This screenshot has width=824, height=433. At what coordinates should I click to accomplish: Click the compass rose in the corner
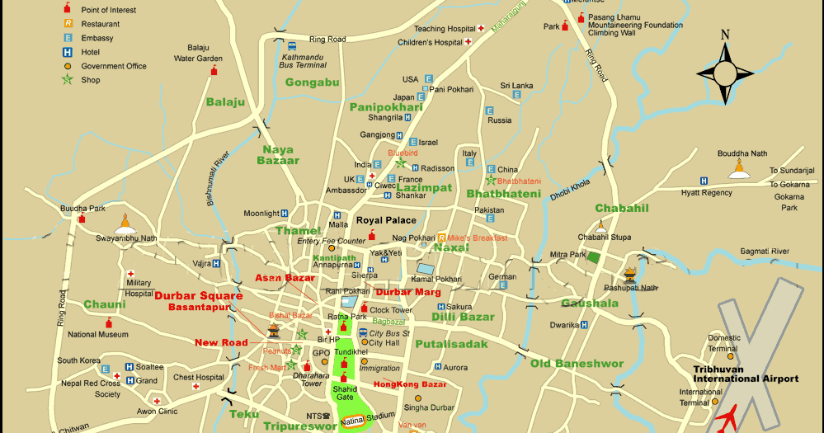(x=725, y=72)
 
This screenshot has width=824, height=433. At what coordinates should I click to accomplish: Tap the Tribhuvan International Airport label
(x=746, y=374)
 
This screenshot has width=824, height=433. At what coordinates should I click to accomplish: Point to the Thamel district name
(x=298, y=231)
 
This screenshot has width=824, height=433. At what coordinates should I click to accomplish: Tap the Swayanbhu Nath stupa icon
(x=125, y=224)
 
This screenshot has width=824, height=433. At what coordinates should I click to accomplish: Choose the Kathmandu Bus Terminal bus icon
(x=291, y=47)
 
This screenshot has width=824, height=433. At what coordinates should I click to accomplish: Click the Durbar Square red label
(x=199, y=296)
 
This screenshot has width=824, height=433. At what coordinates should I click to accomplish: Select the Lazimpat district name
(x=424, y=188)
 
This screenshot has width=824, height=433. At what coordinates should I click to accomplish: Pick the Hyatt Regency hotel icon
(x=704, y=181)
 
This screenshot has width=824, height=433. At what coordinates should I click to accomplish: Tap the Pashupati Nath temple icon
(x=631, y=274)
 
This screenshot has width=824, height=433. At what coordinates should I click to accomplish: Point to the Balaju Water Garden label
(x=198, y=54)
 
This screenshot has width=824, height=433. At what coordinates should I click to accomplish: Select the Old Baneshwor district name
(x=577, y=364)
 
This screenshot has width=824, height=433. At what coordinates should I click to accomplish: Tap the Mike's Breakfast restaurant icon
(x=441, y=238)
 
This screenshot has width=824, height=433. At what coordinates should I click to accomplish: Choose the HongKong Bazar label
(x=410, y=384)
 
